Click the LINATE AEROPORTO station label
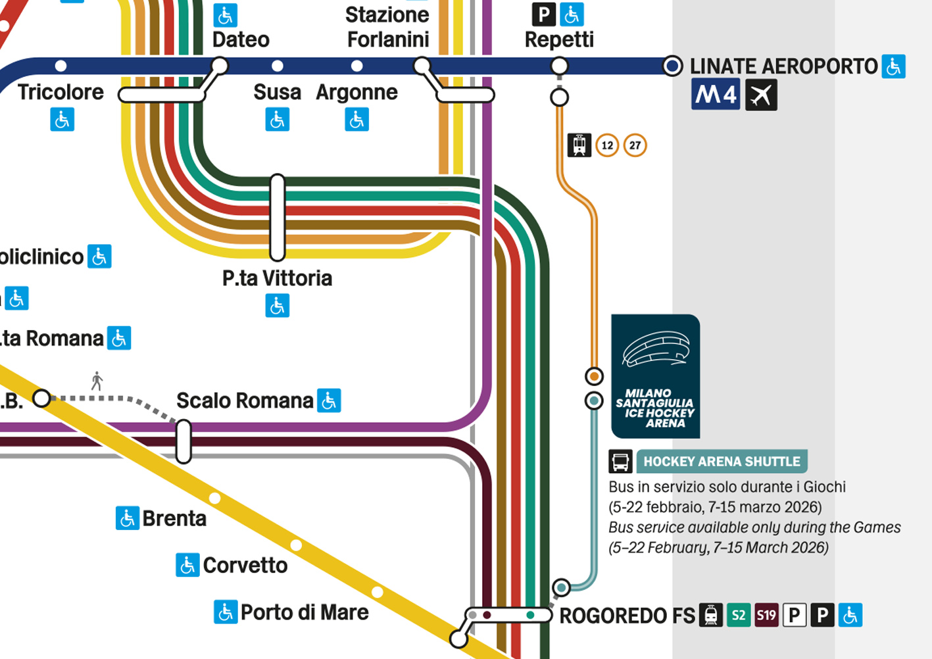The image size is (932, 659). (783, 66)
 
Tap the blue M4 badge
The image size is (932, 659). (716, 94)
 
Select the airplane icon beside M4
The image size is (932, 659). (761, 95)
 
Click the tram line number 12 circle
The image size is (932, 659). (608, 145)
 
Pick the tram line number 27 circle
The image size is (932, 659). (635, 145)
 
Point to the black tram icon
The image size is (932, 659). (579, 145)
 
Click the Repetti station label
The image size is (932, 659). (559, 40)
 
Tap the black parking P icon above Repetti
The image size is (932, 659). (544, 14)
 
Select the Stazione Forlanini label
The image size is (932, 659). (388, 27)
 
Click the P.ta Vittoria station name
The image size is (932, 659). (277, 278)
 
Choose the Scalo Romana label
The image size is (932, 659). (245, 401)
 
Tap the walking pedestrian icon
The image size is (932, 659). (97, 381)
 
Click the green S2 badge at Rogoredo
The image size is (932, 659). (739, 615)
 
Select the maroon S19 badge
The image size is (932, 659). (766, 615)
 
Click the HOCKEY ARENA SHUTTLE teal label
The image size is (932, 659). (722, 462)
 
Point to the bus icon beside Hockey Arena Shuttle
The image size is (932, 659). (620, 462)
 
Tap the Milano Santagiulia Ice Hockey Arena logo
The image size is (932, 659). (655, 376)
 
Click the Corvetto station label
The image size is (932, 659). (245, 566)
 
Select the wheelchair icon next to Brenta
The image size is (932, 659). (128, 518)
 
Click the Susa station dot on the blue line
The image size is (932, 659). (278, 66)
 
